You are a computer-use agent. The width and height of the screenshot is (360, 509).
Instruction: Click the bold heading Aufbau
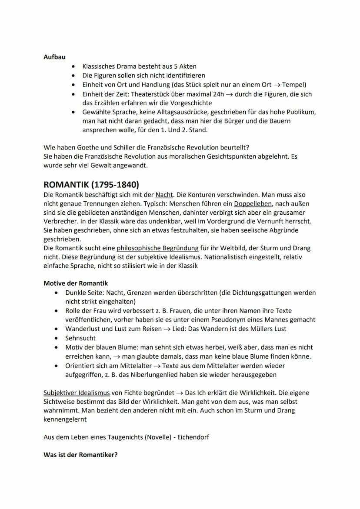point(54,57)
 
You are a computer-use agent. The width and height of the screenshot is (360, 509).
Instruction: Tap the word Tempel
point(294,85)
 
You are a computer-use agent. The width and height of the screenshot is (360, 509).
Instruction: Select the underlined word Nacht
point(164,194)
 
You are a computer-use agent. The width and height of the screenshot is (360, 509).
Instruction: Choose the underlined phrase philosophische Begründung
point(157,248)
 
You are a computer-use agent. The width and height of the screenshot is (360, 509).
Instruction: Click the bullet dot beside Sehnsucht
point(56,338)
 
